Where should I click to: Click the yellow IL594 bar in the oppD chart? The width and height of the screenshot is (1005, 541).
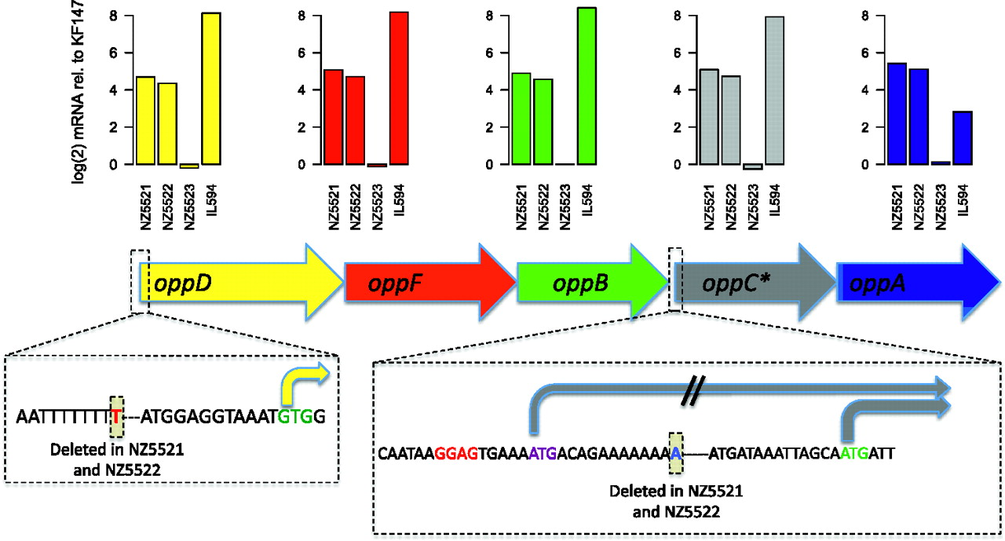[x=211, y=89]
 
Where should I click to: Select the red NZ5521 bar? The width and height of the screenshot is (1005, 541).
[x=333, y=117]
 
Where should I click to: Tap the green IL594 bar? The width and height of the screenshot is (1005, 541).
[x=587, y=86]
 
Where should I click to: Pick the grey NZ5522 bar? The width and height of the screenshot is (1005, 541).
[x=731, y=120]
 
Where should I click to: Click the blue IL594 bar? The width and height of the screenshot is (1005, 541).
[x=963, y=137]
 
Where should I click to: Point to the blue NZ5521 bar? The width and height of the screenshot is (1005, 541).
[x=897, y=114]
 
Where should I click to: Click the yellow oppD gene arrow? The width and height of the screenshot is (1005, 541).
[x=241, y=282]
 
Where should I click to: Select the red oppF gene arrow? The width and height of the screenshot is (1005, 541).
[x=430, y=282]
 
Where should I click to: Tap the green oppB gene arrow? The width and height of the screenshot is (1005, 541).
[x=593, y=282]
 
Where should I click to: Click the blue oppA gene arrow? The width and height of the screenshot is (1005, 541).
[x=919, y=282]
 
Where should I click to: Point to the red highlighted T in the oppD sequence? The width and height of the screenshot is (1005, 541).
[x=116, y=417]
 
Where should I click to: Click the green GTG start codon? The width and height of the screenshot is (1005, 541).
[x=295, y=417]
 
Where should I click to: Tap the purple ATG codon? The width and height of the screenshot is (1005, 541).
[x=543, y=454]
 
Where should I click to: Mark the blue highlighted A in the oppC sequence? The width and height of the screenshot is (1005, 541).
[x=676, y=454]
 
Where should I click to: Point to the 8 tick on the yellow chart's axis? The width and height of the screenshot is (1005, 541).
[x=114, y=16]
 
